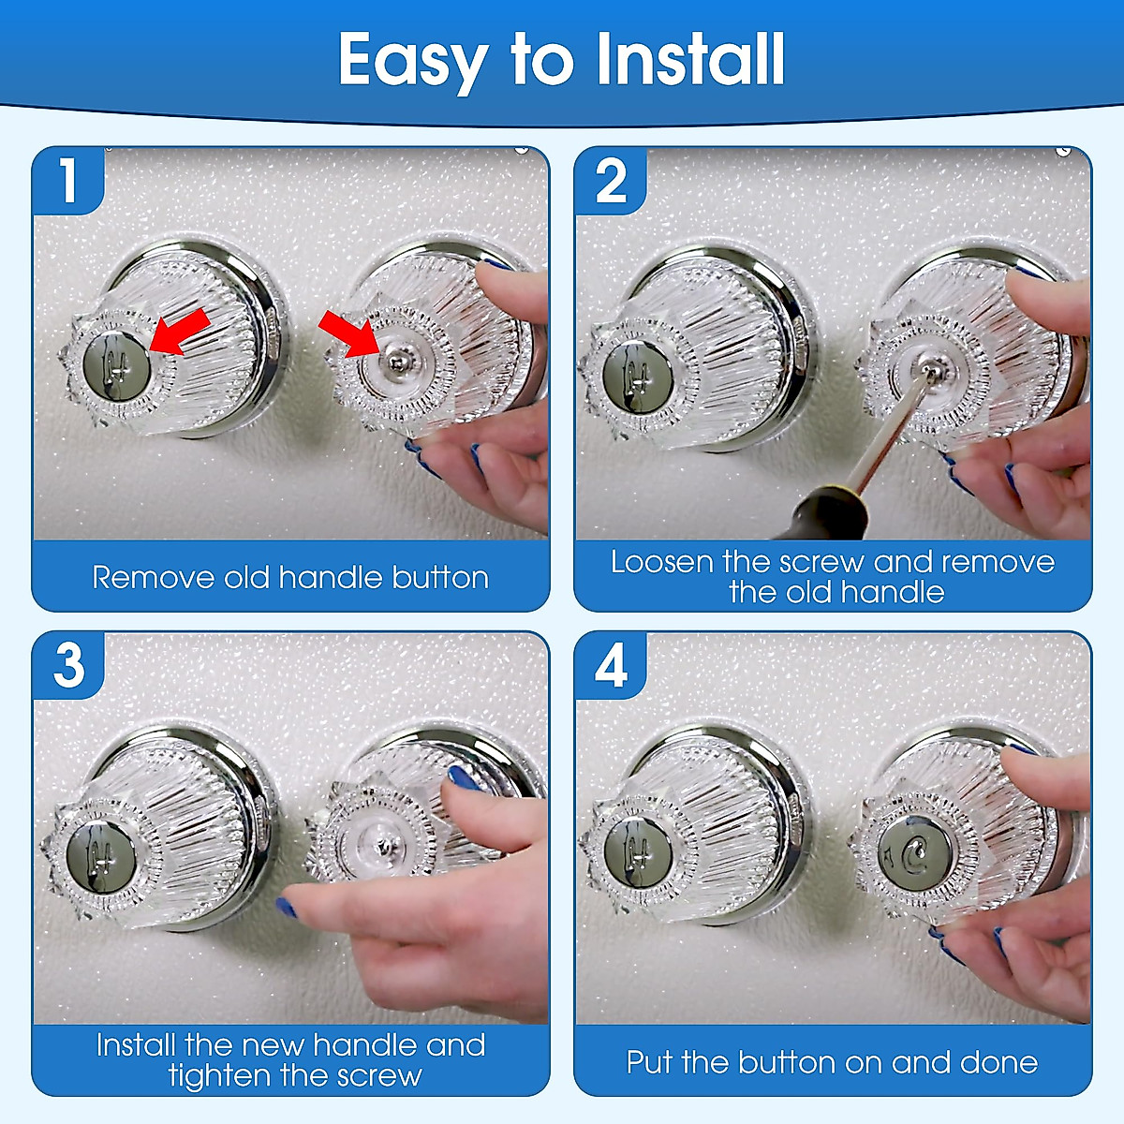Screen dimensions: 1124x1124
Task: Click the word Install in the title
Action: tap(690, 59)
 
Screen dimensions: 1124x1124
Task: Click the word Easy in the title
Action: tap(412, 61)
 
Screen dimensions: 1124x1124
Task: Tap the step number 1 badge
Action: tap(67, 180)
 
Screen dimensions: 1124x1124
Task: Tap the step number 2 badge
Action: tap(611, 181)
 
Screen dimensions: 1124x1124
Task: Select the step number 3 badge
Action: tap(68, 665)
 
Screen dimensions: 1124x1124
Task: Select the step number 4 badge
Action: tap(611, 666)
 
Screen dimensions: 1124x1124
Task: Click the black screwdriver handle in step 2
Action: tap(813, 514)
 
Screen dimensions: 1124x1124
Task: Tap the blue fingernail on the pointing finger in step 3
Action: tap(287, 907)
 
